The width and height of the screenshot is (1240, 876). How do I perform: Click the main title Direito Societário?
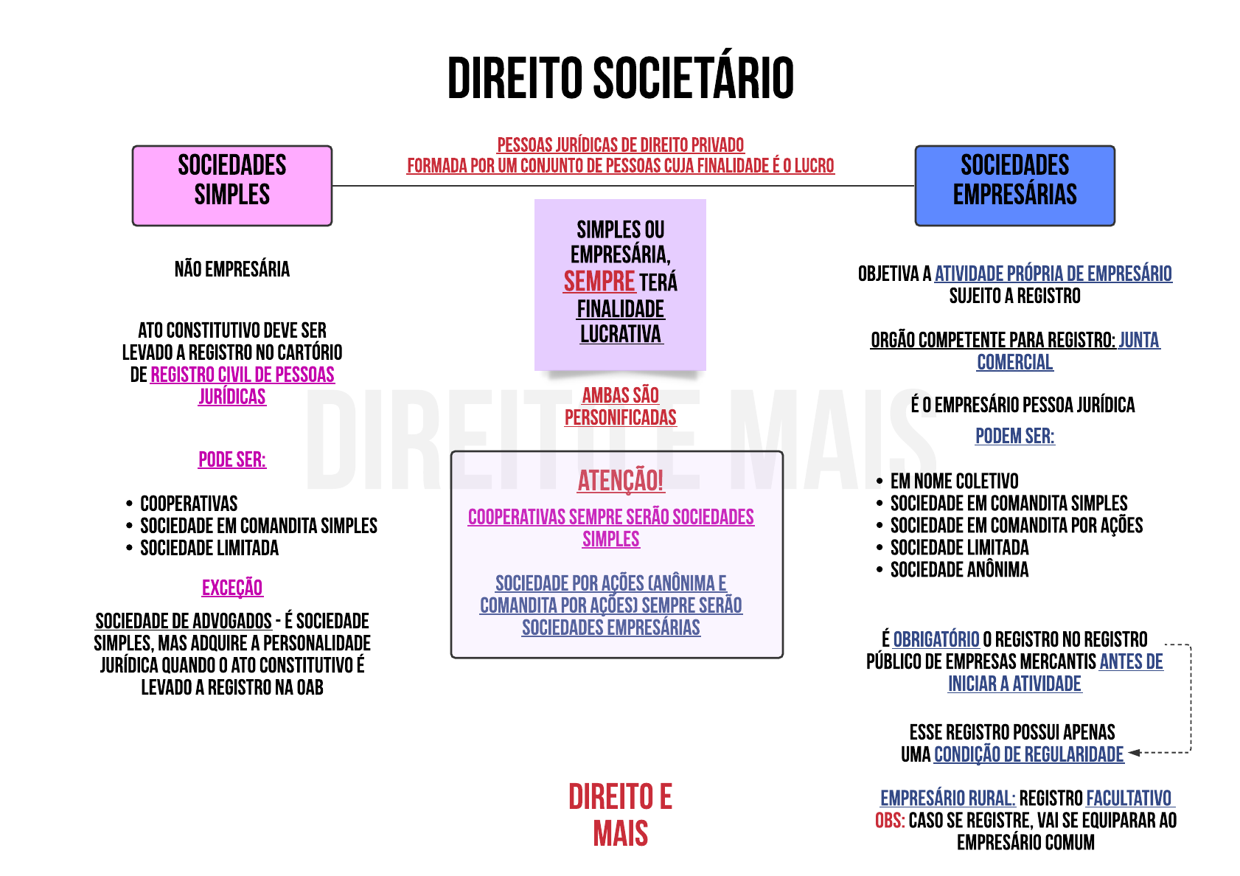tap(620, 78)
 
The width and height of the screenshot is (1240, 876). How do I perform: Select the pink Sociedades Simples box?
tap(232, 185)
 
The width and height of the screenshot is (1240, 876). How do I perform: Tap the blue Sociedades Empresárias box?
tap(1014, 185)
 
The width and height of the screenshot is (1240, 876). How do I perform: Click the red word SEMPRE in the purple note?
tap(599, 282)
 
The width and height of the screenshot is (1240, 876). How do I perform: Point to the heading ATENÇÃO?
tap(620, 481)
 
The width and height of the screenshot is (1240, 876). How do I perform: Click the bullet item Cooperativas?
tap(189, 504)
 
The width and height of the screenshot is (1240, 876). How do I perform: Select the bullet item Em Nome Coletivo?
tap(954, 482)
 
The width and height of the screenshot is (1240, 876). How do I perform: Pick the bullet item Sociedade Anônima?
tap(959, 570)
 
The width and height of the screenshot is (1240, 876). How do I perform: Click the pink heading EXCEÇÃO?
tap(232, 588)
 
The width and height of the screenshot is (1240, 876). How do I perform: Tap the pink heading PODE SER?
tap(232, 460)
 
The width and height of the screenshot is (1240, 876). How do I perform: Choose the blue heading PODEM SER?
tap(1014, 437)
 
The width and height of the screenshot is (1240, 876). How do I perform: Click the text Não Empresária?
tap(232, 269)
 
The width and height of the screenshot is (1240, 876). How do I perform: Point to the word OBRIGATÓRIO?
tap(936, 639)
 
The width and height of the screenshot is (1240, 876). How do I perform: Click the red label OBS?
tap(890, 821)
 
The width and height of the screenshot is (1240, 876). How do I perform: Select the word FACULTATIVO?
tap(1129, 799)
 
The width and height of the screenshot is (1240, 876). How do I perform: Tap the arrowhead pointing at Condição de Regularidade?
tap(1134, 753)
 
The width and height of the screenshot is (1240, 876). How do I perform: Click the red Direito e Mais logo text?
tap(620, 816)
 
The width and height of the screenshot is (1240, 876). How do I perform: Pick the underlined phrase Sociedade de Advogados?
tap(184, 621)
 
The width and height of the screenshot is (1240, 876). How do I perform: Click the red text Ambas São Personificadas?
tap(620, 406)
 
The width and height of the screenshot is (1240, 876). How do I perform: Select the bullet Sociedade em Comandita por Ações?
tap(1016, 526)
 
